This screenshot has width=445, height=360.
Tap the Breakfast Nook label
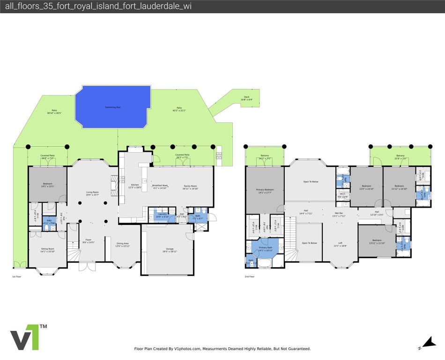click(x=160, y=187)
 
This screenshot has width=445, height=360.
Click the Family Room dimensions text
click(x=191, y=188)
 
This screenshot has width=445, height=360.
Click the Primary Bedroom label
click(x=265, y=191)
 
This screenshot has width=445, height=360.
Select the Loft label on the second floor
click(x=341, y=244)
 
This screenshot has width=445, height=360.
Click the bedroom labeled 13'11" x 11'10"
click(x=376, y=242)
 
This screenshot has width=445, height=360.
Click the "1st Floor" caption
click(x=17, y=277)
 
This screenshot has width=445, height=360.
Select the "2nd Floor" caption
click(x=249, y=277)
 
